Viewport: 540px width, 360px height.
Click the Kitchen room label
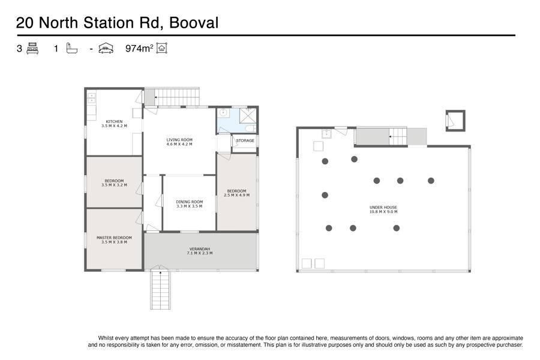coord(114,124)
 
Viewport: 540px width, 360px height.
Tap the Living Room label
coord(179,142)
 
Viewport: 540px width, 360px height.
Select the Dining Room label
coord(190,204)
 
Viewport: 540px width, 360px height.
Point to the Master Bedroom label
coord(114,240)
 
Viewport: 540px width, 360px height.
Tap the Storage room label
coord(245,140)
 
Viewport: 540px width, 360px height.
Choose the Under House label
coord(383,209)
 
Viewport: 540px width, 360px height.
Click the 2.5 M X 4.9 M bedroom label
coord(236,193)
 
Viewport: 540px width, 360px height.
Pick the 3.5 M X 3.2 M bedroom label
coord(114,183)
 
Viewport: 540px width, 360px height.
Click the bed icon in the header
coord(32,48)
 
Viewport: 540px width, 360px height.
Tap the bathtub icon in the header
coord(71,48)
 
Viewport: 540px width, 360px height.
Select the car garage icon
coord(106,48)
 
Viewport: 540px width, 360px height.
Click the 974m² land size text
coord(139,48)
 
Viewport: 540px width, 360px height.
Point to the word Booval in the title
coord(194,23)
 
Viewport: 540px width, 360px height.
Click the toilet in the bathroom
coord(250,128)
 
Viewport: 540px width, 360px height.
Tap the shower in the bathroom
coord(248,115)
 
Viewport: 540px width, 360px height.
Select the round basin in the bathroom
coord(223,112)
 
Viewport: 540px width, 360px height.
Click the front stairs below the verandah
coord(160,290)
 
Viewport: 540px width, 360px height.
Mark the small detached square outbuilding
coord(455,121)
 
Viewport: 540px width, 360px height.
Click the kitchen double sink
coord(91,98)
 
